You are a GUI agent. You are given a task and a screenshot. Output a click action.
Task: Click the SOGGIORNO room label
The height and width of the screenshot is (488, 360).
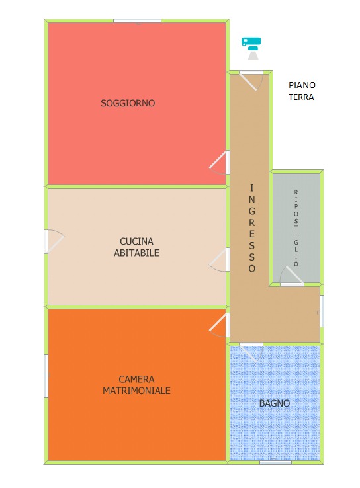tap(128, 103)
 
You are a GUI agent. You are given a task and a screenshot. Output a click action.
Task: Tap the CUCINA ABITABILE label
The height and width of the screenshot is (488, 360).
tap(136, 247)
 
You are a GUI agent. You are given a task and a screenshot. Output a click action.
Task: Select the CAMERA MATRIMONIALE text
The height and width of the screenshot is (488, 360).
tap(136, 385)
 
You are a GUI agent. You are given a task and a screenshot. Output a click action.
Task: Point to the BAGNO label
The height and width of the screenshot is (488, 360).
tap(275, 403)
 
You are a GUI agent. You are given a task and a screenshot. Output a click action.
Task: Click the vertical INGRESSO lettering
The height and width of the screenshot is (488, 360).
tap(252, 228)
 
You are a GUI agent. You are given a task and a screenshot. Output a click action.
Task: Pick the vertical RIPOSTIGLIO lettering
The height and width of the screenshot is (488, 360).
tap(296, 228)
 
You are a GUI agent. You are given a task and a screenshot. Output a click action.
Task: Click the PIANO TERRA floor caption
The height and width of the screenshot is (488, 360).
tap(302, 91)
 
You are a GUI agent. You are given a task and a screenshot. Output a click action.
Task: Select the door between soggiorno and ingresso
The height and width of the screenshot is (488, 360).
tap(220, 163)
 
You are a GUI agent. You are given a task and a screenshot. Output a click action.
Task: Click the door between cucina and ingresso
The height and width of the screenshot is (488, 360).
tap(220, 260)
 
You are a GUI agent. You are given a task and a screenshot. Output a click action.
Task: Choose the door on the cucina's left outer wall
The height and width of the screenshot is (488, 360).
tap(54, 241)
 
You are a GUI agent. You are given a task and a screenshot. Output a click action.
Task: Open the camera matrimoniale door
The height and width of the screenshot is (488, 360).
tap(220, 325)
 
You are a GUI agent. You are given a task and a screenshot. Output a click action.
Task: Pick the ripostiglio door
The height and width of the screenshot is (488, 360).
tap(292, 276)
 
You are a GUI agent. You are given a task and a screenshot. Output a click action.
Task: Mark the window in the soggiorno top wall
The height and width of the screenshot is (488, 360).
tap(137, 21)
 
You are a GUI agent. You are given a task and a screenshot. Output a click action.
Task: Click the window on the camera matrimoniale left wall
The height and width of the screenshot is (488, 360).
tap(46, 376)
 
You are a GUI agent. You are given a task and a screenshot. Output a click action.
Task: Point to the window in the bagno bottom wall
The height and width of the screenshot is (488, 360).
tap(275, 462)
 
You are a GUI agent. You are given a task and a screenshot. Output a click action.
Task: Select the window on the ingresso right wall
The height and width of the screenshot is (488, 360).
tap(322, 311)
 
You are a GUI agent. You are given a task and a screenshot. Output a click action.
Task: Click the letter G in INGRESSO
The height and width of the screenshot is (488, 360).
tap(252, 211)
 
